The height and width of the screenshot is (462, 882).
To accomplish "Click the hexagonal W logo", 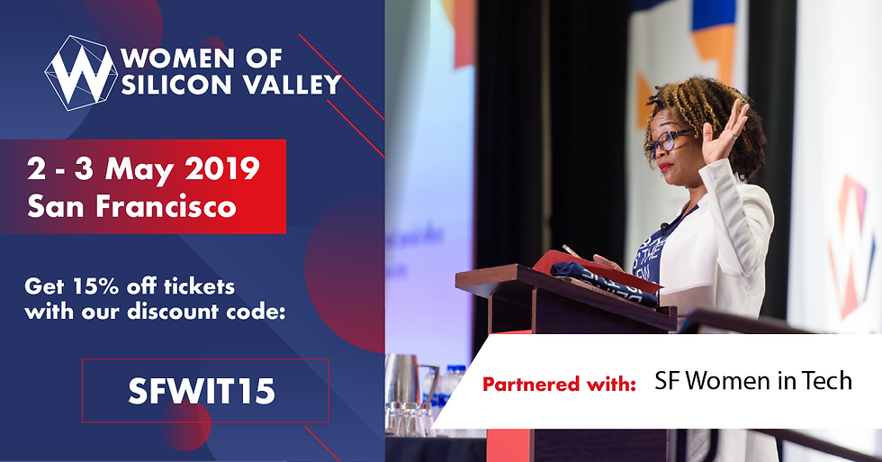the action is (81, 73).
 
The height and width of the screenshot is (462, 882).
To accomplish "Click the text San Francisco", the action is (131, 206).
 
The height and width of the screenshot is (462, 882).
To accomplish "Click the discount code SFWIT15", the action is (202, 391).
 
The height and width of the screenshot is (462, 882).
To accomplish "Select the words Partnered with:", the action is (559, 385).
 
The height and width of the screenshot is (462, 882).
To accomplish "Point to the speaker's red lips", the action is (664, 167).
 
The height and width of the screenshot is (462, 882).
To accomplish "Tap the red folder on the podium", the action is (596, 270).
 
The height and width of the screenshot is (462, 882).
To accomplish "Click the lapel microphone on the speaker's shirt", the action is (665, 227).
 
